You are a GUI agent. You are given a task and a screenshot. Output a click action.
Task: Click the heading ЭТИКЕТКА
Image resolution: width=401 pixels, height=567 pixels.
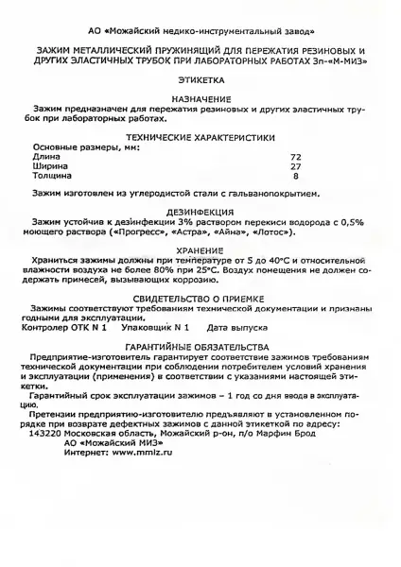point(200,82)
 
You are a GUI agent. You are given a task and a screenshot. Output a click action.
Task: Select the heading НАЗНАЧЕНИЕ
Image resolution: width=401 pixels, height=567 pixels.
point(200,98)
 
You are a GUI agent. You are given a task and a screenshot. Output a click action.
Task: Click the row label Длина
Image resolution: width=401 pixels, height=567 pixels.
point(49,156)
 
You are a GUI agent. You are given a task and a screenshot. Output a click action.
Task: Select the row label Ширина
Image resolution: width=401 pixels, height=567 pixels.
point(52,165)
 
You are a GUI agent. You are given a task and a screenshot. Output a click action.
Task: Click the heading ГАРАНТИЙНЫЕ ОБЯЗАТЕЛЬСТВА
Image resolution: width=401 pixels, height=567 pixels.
point(200,346)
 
